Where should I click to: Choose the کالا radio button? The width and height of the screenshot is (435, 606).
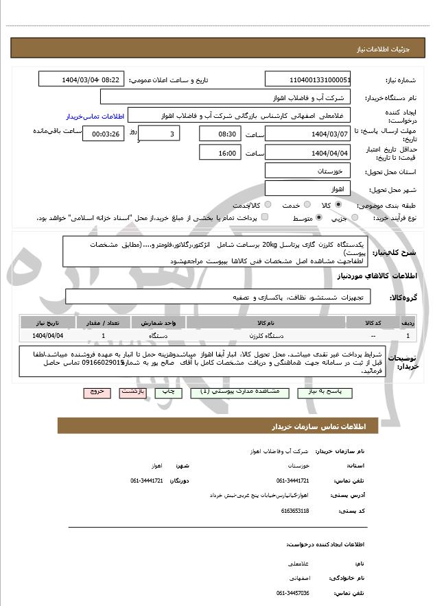[338, 205]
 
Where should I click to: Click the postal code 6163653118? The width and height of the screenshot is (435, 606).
[295, 511]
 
